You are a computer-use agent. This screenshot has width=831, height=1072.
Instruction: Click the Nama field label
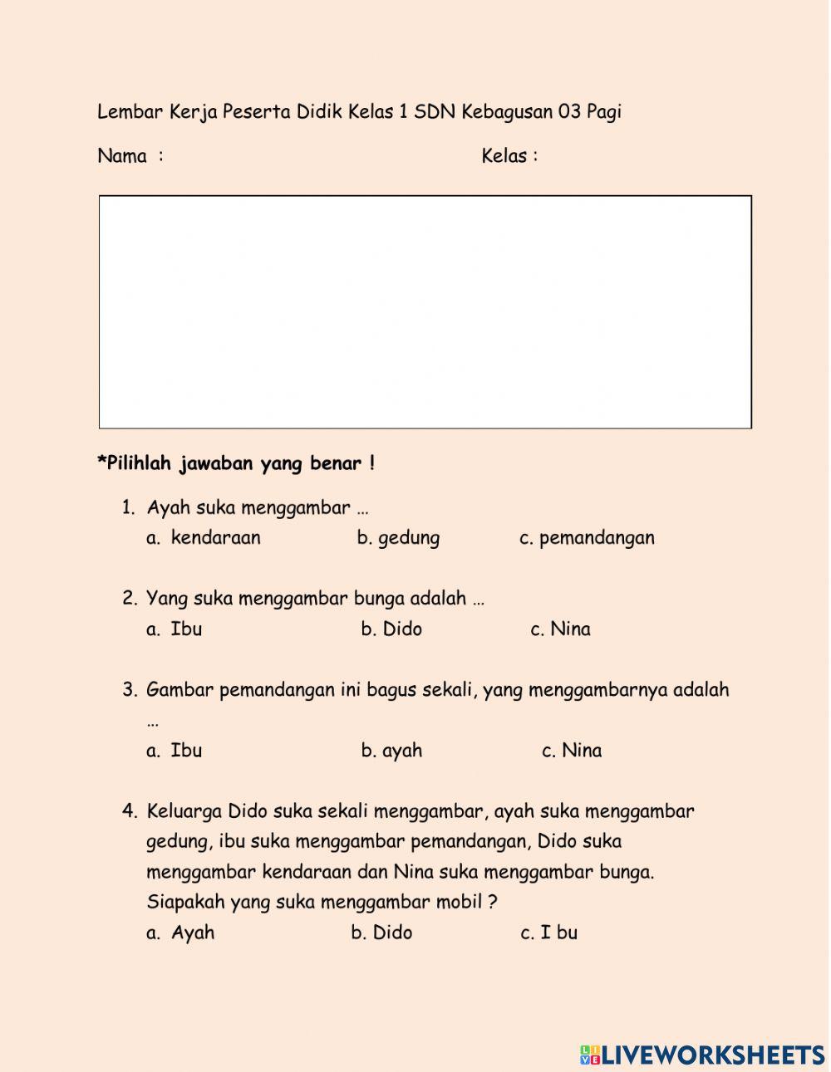(122, 156)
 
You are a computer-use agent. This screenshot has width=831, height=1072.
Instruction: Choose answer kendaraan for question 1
(215, 538)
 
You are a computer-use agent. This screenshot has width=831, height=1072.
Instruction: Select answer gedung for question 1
(408, 538)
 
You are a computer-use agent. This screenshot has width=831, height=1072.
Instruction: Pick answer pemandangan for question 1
(597, 538)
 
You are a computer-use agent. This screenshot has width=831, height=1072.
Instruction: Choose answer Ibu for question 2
(186, 629)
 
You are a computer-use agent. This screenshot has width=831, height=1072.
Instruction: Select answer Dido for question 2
(402, 629)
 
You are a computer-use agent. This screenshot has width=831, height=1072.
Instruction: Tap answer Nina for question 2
(570, 629)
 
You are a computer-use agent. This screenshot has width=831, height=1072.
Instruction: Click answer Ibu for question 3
(186, 751)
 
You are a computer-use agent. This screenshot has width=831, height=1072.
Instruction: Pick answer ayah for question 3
(402, 751)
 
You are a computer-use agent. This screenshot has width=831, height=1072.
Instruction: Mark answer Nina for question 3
(582, 751)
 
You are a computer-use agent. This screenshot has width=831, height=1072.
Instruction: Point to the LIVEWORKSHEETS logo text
(713, 1055)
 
